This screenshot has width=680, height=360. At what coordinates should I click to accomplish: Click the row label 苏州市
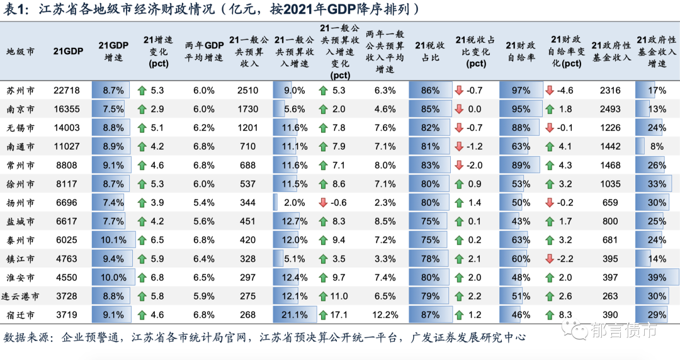(21, 90)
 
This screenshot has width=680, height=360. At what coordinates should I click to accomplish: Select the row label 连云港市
(23, 296)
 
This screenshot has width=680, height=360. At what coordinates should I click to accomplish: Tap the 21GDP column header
(66, 50)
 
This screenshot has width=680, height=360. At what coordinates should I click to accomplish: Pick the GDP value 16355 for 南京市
(66, 109)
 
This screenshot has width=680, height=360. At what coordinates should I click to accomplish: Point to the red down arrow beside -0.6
(323, 203)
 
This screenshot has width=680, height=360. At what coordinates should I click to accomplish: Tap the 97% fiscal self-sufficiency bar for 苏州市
(520, 90)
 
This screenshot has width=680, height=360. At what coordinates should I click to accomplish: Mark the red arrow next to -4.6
(550, 90)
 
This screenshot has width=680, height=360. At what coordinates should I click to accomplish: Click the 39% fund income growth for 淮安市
(656, 278)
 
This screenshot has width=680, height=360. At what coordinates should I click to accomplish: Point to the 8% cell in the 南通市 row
(657, 146)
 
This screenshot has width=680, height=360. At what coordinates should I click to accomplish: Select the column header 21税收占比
(431, 50)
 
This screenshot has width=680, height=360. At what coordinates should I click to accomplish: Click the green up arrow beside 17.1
(323, 315)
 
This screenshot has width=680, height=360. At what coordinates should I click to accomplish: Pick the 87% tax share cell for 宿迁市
(431, 315)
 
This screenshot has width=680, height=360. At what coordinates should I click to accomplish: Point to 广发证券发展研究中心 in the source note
(470, 337)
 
